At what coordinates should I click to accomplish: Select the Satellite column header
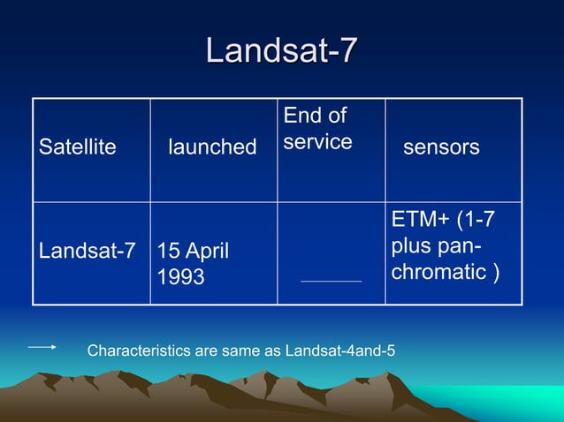pyautogui.click(x=78, y=147)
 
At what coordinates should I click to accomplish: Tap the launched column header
pyautogui.click(x=212, y=147)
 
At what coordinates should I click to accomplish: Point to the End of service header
pyautogui.click(x=316, y=129)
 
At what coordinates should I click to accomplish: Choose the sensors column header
pyautogui.click(x=441, y=147)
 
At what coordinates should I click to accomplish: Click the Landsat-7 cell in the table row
pyautogui.click(x=87, y=251)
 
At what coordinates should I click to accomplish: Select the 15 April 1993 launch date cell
pyautogui.click(x=193, y=263)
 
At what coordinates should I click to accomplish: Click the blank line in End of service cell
pyautogui.click(x=331, y=281)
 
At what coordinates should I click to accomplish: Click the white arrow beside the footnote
pyautogui.click(x=42, y=347)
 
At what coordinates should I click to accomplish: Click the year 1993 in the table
pyautogui.click(x=180, y=277)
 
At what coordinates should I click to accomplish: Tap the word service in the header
pyautogui.click(x=317, y=141)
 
